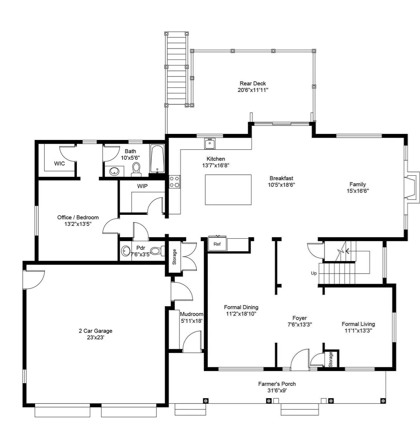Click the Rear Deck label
(x=253, y=83)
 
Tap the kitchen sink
(x=210, y=144)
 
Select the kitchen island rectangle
(x=228, y=189)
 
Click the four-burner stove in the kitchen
(x=175, y=182)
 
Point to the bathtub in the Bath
(x=157, y=159)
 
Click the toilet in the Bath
(x=136, y=169)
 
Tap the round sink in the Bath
(x=114, y=171)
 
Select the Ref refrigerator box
(x=217, y=244)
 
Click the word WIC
(x=59, y=163)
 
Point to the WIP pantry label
(x=142, y=186)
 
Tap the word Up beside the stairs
(x=314, y=273)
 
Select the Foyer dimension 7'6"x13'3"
(x=300, y=325)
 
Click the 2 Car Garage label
(x=95, y=331)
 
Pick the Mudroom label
(x=192, y=314)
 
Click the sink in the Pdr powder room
(x=126, y=251)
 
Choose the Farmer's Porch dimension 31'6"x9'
(x=277, y=390)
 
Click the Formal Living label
(x=358, y=324)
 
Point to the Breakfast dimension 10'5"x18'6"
(x=281, y=185)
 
